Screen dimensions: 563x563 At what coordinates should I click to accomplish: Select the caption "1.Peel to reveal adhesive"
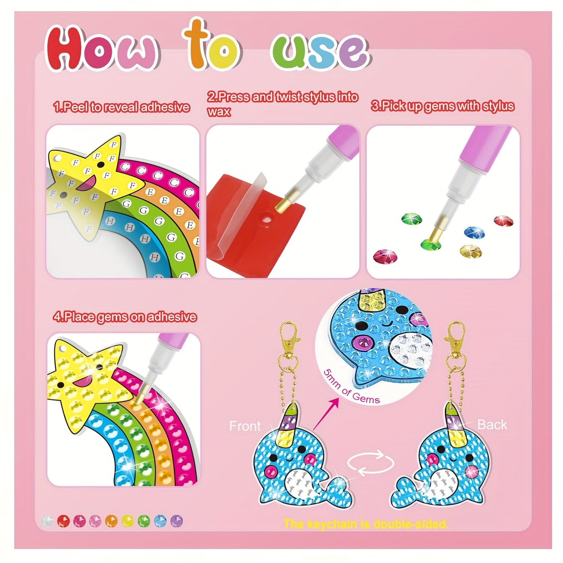121,107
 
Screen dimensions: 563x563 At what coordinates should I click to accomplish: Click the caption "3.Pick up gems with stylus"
442,106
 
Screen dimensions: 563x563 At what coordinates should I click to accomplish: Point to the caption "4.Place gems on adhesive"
125,317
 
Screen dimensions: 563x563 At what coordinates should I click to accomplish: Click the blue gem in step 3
474,232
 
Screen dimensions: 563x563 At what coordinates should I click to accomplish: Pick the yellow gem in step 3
471,251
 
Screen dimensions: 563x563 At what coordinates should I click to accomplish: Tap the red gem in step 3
503,221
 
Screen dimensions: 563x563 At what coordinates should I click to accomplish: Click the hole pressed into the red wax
267,219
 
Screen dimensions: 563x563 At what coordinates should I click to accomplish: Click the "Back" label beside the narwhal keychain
492,425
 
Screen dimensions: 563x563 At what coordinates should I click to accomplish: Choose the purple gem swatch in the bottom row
176,521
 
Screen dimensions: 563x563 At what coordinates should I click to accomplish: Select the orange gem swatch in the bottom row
111,521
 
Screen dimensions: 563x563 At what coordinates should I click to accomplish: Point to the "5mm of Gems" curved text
349,388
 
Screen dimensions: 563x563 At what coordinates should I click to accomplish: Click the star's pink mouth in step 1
90,184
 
